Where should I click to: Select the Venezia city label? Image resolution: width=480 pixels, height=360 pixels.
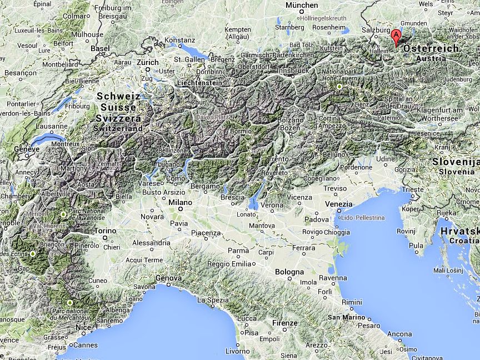tap(338, 204)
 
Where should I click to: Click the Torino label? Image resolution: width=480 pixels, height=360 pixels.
tap(106, 231)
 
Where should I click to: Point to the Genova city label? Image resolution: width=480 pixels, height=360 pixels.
tap(169, 278)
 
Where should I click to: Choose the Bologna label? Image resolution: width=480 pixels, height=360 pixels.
tap(289, 272)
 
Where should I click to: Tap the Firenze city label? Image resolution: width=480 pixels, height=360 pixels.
tap(285, 323)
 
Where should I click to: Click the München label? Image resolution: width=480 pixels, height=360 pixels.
tap(302, 5)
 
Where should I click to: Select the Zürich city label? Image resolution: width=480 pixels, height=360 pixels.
tap(147, 63)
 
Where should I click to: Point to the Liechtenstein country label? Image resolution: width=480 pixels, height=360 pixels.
tap(199, 83)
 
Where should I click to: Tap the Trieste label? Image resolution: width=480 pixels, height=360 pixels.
tap(413, 189)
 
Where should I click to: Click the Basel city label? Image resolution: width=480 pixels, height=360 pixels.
tap(100, 48)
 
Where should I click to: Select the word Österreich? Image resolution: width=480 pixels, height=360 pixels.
tap(431, 49)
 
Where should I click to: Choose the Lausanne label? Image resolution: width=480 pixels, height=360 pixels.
tap(51, 126)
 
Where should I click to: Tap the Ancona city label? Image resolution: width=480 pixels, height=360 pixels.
tap(399, 334)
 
